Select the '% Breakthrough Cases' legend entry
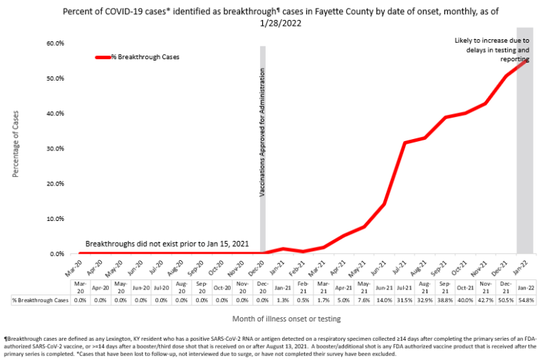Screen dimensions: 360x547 (144, 57)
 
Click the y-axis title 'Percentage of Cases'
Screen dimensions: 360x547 (16, 148)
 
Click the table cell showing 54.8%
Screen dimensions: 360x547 (525, 299)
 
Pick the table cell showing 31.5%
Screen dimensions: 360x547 (405, 299)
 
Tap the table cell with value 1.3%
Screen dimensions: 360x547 (283, 299)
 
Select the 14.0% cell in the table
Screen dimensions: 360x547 (385, 299)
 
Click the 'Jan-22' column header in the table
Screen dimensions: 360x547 (525, 287)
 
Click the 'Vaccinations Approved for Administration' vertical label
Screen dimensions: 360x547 (263, 133)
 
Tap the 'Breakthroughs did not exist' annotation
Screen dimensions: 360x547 (167, 244)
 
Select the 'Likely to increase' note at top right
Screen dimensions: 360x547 (492, 50)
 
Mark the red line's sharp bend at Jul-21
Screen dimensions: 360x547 (405, 143)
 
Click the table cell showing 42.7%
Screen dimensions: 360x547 (485, 299)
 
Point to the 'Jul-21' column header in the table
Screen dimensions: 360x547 (405, 287)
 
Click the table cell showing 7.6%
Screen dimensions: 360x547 (364, 299)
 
